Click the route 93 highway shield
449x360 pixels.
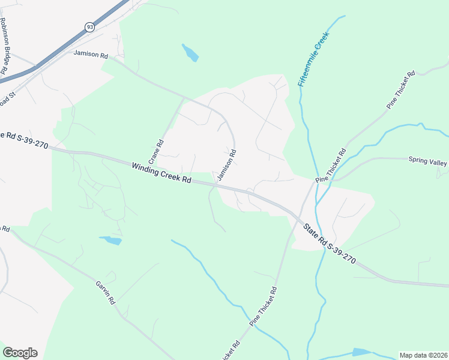click(89, 27)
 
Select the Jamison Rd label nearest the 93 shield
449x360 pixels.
click(91, 54)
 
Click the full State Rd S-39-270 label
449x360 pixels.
click(330, 244)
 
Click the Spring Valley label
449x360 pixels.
click(428, 160)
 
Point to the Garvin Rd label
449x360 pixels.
click(104, 292)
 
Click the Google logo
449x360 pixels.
click(20, 353)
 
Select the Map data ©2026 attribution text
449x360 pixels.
click(423, 355)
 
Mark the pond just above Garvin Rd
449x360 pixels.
click(110, 241)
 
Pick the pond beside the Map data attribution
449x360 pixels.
click(362, 352)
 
